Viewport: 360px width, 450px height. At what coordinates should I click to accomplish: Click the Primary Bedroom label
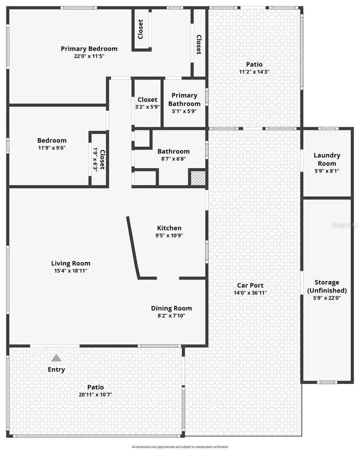89,49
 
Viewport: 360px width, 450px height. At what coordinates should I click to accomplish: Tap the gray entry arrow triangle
56,358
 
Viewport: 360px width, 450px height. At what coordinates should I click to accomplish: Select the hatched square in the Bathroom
197,178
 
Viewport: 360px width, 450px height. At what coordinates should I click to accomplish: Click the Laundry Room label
327,159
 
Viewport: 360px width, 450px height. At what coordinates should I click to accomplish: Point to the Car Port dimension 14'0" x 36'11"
250,293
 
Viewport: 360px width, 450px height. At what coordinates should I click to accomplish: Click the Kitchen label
169,228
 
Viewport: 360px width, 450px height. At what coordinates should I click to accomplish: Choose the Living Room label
70,263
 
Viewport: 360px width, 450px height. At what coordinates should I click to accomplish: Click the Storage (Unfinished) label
327,286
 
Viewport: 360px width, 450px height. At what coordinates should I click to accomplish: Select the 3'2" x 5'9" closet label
147,107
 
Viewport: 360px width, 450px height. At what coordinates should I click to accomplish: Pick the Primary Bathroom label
184,99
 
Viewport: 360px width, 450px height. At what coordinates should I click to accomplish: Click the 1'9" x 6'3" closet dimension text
95,160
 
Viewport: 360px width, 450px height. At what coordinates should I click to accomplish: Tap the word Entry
56,370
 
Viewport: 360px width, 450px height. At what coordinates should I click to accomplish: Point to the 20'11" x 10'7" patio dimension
96,395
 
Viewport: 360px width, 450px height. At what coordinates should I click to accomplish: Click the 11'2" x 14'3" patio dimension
254,72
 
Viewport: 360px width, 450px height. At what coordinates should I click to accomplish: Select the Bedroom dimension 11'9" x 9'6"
52,147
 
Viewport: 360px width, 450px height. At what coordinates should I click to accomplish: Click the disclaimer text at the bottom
180,447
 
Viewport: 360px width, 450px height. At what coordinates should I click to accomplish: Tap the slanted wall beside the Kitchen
133,248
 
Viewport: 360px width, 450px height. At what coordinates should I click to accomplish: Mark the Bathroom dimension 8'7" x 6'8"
173,158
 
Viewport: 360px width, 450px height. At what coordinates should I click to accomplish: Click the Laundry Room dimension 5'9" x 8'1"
327,171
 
